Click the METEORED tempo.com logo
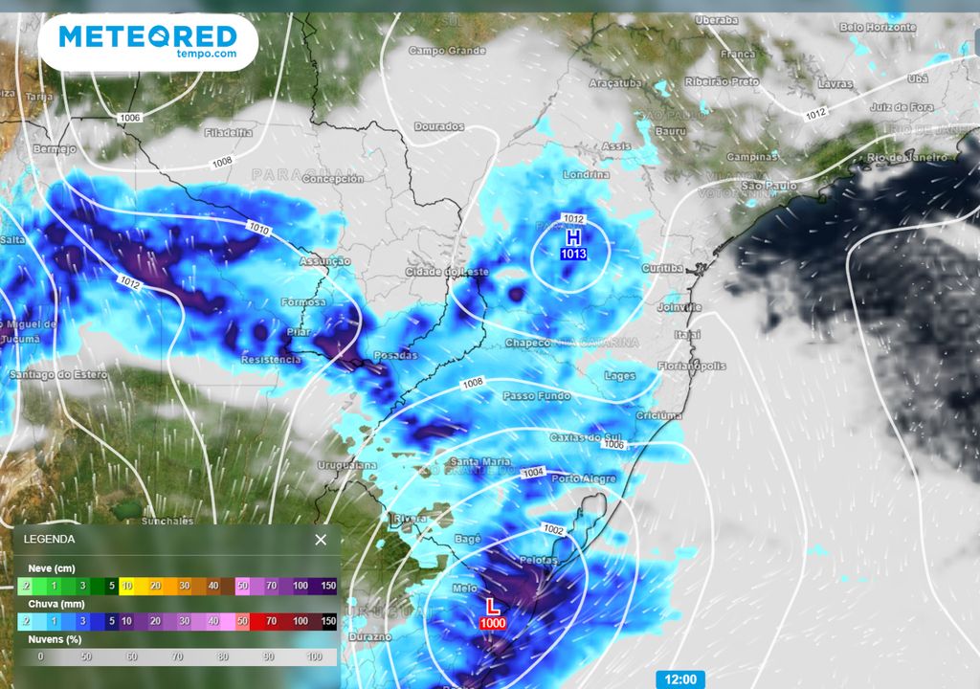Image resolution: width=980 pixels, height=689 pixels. point(147,41)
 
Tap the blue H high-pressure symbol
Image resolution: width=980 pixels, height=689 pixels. point(573,236)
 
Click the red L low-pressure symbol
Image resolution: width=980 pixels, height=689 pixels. point(492,607)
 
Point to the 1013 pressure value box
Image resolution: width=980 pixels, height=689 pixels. point(573,254)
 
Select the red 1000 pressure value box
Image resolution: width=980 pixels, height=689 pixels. point(492,623)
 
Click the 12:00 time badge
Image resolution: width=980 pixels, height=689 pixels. point(680,679)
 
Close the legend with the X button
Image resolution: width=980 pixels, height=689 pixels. point(321,540)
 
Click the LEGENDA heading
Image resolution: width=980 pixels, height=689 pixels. point(50,540)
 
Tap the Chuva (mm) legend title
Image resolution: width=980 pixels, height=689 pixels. point(53,604)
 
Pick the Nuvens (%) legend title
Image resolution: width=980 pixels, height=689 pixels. point(54,638)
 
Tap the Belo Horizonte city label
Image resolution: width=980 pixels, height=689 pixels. point(878,28)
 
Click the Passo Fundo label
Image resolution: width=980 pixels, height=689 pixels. point(531,396)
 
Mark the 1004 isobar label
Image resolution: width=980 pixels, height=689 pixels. point(534,474)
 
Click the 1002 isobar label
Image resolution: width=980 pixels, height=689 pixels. point(553,528)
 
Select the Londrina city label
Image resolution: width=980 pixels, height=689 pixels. point(587,175)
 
